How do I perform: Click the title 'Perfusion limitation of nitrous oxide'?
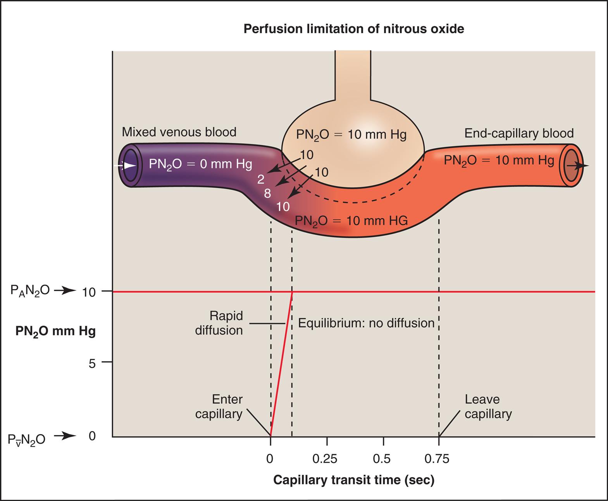[x=353, y=29]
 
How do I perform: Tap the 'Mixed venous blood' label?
[x=179, y=132]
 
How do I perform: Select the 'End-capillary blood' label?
[x=519, y=133]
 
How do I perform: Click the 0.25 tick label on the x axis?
[x=325, y=459]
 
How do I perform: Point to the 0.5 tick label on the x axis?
[x=382, y=459]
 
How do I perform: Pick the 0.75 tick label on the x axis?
[x=437, y=459]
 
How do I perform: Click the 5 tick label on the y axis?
[x=92, y=364]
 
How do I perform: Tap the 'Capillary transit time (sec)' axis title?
[x=354, y=480]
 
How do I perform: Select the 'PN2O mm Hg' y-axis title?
[x=55, y=332]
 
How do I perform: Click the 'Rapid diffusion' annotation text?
[x=220, y=323]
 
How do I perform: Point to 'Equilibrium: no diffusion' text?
[x=366, y=323]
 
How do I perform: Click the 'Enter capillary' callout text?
[x=219, y=407]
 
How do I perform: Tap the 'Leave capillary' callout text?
[x=488, y=407]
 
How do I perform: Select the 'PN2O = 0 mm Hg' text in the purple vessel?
[x=200, y=165]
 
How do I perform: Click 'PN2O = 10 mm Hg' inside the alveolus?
[x=351, y=135]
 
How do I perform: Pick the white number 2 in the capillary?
[x=261, y=179]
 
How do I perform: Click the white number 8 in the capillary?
[x=267, y=193]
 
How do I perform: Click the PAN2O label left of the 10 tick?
[x=30, y=291]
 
